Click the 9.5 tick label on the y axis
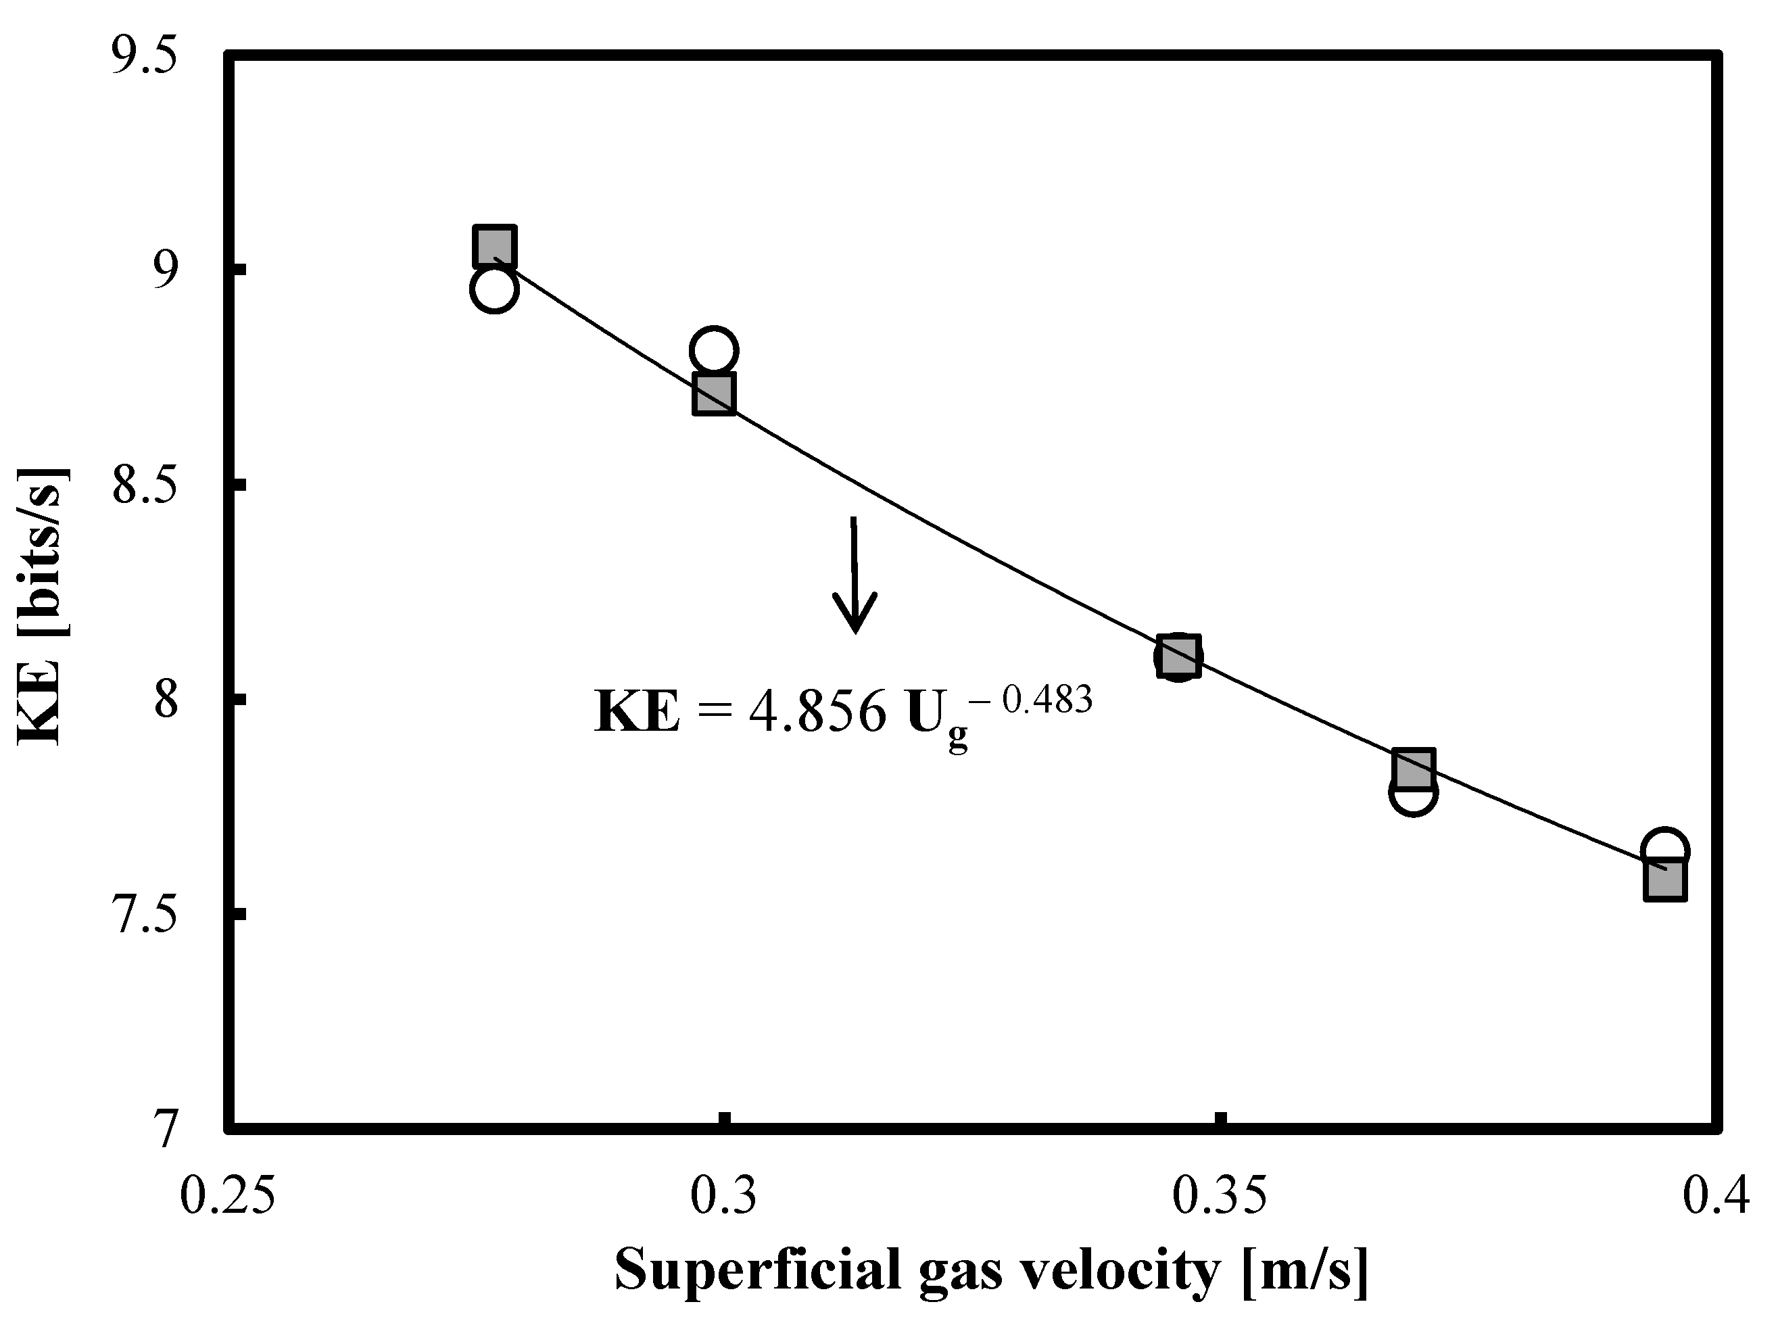click(143, 57)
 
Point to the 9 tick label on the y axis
click(164, 272)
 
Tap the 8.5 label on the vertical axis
click(143, 486)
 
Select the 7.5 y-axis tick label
click(143, 915)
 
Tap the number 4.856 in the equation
click(817, 711)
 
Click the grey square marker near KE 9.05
click(494, 246)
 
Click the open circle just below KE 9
click(494, 289)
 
